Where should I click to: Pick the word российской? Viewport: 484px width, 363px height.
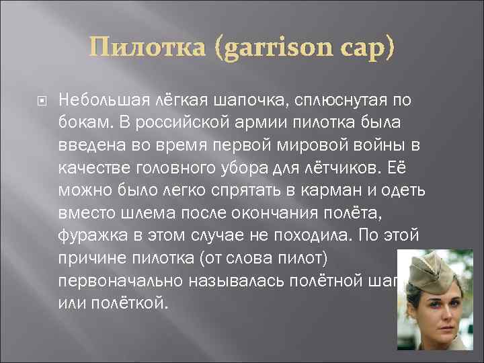(191, 120)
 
